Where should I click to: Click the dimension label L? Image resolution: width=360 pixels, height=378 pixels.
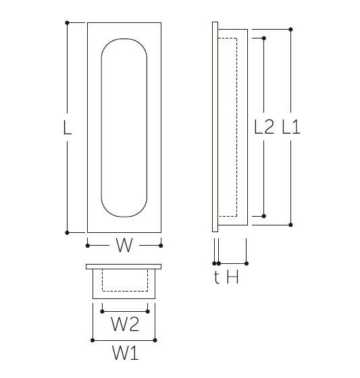68,127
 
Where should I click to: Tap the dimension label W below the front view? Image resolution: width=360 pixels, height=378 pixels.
124,245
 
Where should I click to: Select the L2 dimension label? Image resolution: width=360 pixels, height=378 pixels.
264,127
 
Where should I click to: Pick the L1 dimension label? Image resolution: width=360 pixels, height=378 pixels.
291,127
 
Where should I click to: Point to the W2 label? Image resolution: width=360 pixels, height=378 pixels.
125,324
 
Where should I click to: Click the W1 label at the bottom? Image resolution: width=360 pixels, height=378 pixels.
126,353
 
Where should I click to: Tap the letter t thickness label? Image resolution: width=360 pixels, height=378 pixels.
217,277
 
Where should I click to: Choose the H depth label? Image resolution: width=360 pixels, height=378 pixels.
233,277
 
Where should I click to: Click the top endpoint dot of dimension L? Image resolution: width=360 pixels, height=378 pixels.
67,23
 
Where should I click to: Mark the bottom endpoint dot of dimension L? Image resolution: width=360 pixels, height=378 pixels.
67,233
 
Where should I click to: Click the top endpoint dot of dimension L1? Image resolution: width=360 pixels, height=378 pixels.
290,30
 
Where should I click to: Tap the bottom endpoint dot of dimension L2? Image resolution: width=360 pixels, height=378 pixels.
263,216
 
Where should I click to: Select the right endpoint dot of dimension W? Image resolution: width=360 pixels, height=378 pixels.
161,246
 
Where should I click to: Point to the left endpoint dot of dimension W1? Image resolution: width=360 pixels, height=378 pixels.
93,340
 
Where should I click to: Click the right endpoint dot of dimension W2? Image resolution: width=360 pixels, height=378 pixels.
148,311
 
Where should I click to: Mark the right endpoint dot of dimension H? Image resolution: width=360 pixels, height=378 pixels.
247,263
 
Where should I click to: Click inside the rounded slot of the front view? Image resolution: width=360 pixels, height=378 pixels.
124,128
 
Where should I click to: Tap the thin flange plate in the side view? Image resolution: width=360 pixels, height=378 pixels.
215,127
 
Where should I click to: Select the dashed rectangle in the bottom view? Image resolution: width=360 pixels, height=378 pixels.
125,291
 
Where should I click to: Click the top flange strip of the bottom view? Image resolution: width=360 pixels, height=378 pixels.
124,267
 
